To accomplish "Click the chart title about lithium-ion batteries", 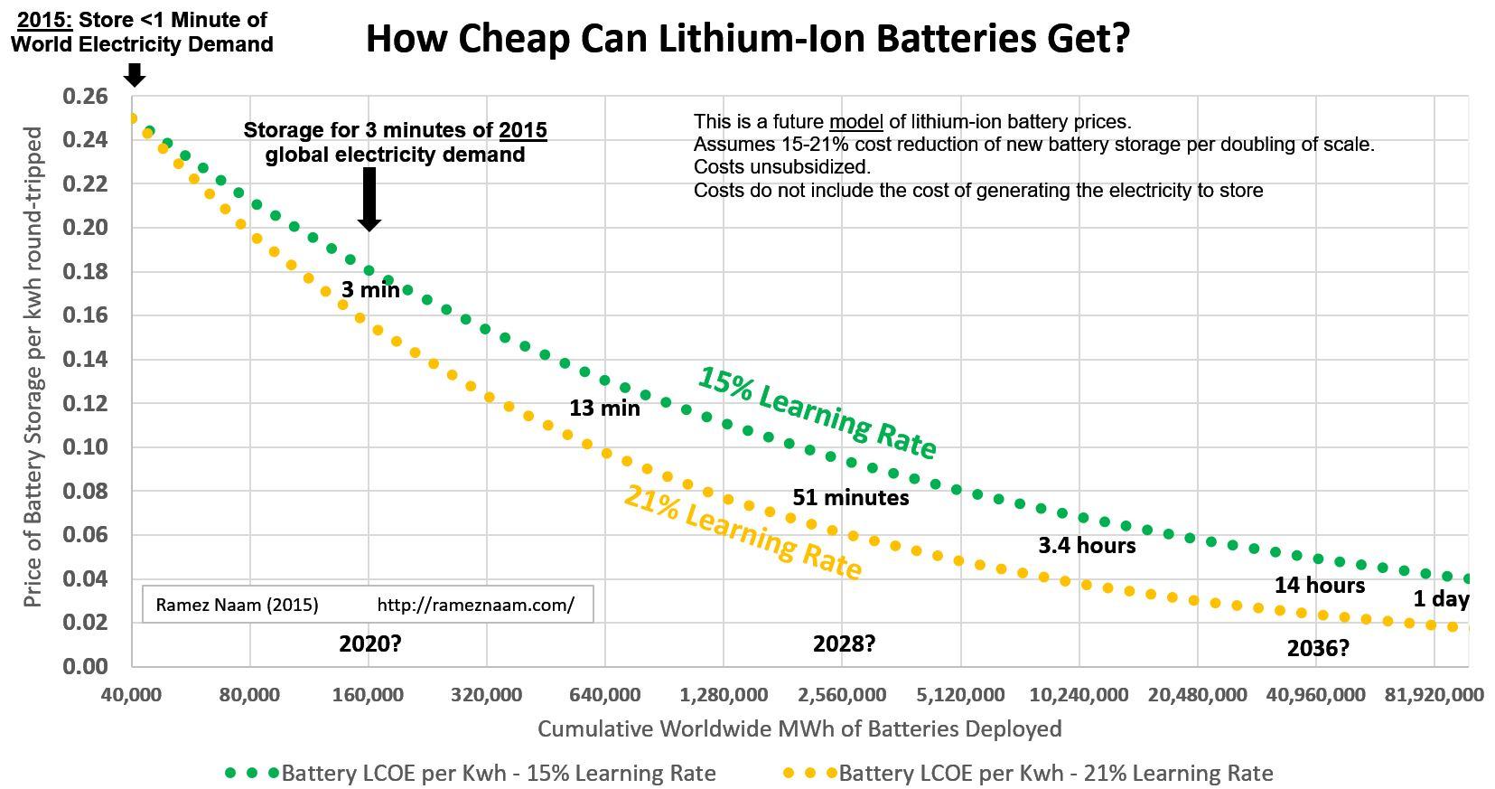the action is [x=748, y=39].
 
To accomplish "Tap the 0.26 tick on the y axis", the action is [x=85, y=96].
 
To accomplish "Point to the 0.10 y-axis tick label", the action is [x=85, y=446].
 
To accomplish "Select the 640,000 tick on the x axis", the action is [x=604, y=695].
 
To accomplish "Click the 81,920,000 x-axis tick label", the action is [x=1434, y=695].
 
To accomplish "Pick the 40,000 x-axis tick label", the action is [x=132, y=695].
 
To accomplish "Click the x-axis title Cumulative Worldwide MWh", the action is [x=799, y=728].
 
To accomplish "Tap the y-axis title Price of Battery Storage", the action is [x=33, y=367].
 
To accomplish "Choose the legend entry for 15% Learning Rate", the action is [x=471, y=773].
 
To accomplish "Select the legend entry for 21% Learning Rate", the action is [x=1028, y=773].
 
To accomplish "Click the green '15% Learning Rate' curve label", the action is [x=817, y=413].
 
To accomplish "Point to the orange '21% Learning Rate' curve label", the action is [x=743, y=531].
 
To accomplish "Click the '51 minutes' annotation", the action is [x=851, y=497].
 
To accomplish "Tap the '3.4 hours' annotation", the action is [x=1088, y=545].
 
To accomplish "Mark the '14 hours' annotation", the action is [x=1320, y=586].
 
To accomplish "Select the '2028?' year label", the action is [x=845, y=643].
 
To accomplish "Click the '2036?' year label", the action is [x=1318, y=647].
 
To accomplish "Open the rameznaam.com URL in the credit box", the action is [x=476, y=605].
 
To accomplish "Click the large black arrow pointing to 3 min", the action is [x=369, y=200].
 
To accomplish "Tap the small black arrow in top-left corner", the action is [x=135, y=75].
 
